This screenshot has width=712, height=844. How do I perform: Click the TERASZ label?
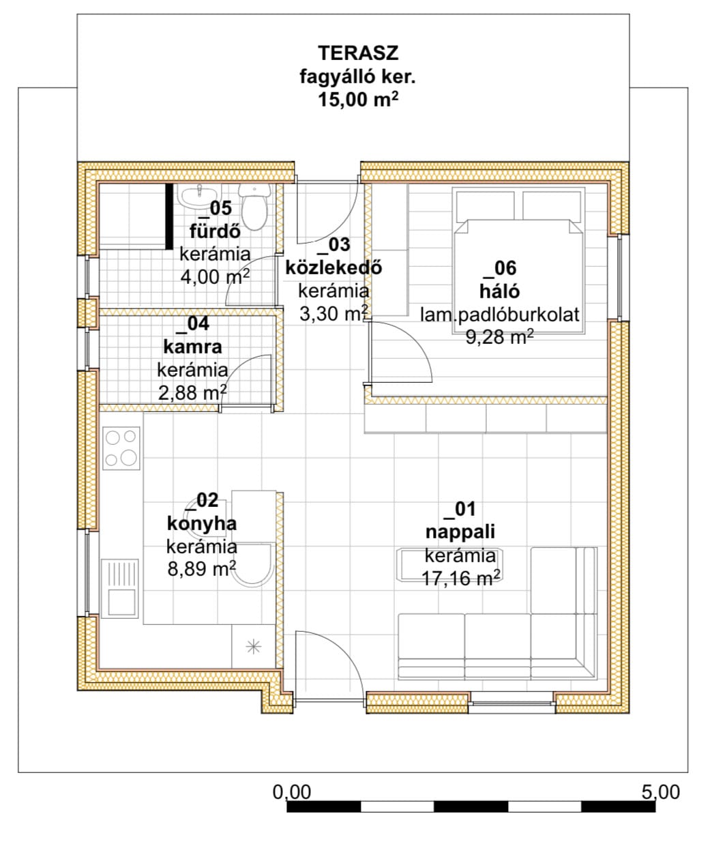(358, 53)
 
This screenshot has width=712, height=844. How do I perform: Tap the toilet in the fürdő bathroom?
(254, 207)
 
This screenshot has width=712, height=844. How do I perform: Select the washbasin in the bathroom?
(200, 197)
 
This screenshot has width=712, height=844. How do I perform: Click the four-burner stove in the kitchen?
(121, 448)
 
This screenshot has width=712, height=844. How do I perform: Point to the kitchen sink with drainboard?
(120, 589)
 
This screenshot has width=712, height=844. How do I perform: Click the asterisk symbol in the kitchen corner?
(254, 647)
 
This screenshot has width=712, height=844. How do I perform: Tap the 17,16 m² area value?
(461, 579)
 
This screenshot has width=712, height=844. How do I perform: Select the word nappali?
(460, 532)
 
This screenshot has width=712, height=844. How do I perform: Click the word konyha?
(202, 524)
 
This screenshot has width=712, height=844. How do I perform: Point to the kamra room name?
(193, 347)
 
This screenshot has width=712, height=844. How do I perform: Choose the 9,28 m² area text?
(499, 336)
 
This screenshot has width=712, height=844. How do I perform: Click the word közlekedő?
(333, 267)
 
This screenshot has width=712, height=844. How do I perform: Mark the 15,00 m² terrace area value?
(358, 100)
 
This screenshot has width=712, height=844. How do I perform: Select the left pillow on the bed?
(486, 206)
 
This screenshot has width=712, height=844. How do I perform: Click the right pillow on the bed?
(552, 206)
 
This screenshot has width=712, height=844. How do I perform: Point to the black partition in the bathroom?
(169, 216)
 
